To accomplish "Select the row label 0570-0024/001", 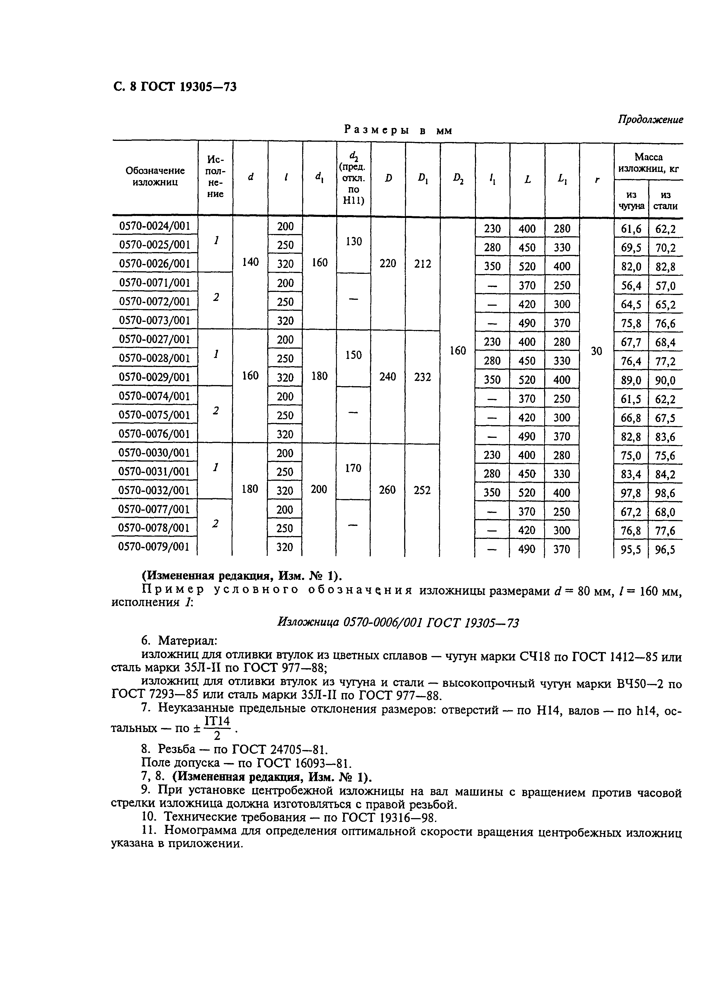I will [x=154, y=226].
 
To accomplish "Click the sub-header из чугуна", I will [x=631, y=200].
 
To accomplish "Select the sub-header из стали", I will [x=666, y=200].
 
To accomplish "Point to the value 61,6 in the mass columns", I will [x=631, y=229].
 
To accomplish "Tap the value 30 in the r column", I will [x=596, y=351].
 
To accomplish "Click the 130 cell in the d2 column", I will [x=353, y=241].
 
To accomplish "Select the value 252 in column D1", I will [x=422, y=490].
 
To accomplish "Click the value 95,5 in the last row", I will [x=631, y=550].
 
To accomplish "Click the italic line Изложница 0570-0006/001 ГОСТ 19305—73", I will [x=397, y=622].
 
